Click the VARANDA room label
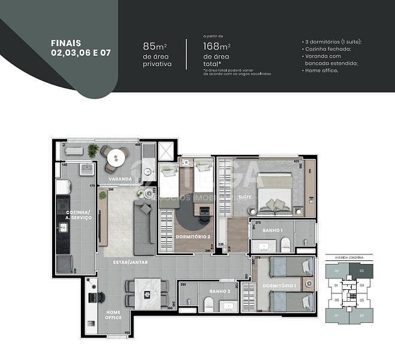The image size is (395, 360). (120, 179)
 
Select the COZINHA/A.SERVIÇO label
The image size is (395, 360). (79, 215)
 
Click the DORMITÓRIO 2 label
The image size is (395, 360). (192, 236)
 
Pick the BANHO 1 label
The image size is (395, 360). (272, 230)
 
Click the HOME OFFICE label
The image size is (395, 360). (113, 314)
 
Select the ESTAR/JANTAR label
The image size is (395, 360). (130, 262)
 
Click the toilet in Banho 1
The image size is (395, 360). (286, 242)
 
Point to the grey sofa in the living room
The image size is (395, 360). (145, 228)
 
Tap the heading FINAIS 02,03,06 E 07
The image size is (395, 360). (81, 48)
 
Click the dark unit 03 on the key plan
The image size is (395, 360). (361, 271)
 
